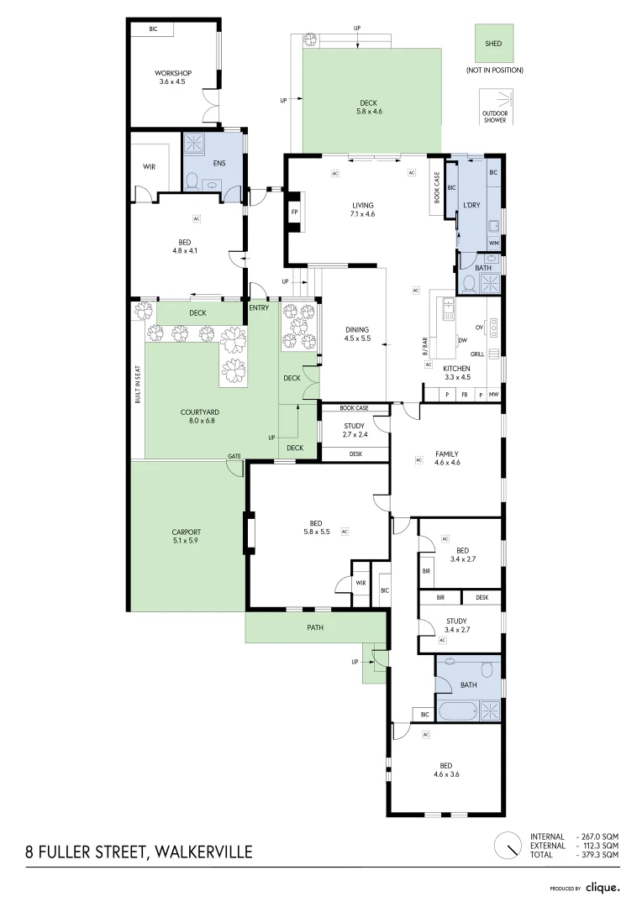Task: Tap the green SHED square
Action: coord(493,43)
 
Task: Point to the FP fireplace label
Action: coord(294,212)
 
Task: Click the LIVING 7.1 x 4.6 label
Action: coord(363,209)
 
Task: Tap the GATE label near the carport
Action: coord(234,456)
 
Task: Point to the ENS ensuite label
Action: coord(218,163)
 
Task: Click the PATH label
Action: coord(315,627)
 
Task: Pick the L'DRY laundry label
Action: coord(471,205)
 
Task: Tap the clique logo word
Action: coord(603,887)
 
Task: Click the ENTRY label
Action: coord(259,308)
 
